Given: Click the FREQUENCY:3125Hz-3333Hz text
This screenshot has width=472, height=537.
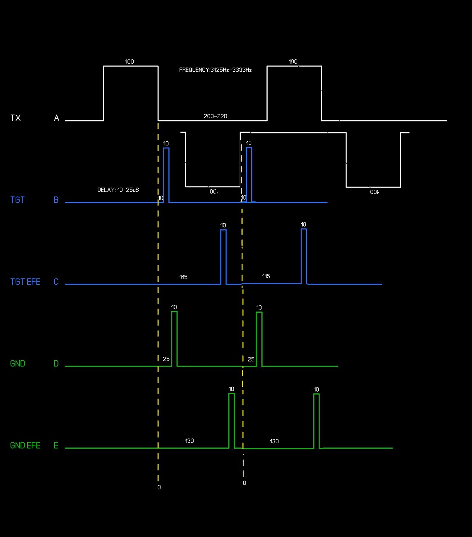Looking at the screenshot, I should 215,70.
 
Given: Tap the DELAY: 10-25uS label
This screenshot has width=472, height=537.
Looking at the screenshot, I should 118,190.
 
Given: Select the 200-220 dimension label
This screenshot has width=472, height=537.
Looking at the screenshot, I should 215,116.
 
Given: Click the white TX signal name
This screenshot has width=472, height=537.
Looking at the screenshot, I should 16,118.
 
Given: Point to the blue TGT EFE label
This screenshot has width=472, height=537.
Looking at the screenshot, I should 25,282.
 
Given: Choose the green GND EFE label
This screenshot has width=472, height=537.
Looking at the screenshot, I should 25,445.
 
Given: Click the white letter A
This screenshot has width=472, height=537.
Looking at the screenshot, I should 57,118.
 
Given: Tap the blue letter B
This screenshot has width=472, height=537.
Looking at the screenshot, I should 56,200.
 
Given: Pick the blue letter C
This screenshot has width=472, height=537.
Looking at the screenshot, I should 56,282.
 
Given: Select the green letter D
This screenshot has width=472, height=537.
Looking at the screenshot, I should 56,364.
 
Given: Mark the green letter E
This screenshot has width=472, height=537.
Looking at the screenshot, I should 56,445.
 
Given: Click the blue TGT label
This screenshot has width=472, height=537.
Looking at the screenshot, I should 17,200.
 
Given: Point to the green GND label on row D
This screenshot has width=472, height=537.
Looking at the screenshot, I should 17,364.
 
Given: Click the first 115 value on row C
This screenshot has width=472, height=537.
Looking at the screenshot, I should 183,277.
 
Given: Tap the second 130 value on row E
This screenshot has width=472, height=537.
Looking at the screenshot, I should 274,441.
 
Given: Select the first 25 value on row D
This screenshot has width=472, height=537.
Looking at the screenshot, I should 166,359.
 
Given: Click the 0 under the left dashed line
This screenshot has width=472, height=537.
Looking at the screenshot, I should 159,487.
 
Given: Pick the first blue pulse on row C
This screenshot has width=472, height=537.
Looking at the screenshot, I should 223,256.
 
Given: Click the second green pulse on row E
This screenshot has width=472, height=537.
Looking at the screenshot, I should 316,421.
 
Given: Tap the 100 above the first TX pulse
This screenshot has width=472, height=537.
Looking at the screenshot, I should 129,61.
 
